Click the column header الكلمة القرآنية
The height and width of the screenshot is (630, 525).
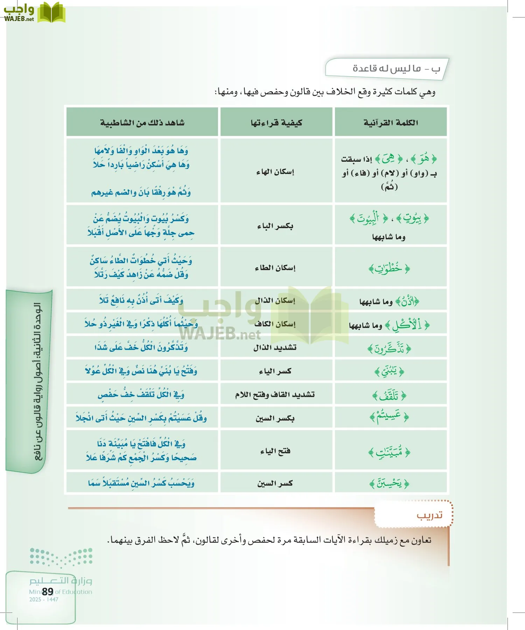tap(391, 122)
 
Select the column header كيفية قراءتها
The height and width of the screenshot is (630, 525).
tap(276, 122)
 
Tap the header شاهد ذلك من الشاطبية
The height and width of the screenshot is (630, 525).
tap(142, 122)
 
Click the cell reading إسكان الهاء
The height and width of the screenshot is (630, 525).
tap(275, 171)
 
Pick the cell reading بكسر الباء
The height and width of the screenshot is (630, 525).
tap(275, 226)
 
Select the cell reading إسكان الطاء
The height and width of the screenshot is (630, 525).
tap(275, 268)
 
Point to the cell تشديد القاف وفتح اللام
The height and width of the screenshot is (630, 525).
tap(275, 395)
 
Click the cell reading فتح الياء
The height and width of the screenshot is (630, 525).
tap(275, 451)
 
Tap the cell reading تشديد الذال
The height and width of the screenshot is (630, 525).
tap(275, 348)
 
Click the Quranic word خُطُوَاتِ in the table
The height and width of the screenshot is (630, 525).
tap(389, 269)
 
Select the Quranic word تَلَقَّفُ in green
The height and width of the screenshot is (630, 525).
tap(389, 396)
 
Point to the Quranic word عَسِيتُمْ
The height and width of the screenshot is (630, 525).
tap(389, 417)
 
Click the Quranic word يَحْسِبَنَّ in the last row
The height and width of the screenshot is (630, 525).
tap(389, 484)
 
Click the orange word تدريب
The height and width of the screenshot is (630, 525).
tap(429, 515)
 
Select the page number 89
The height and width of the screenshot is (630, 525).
tap(48, 591)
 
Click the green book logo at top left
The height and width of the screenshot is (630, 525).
tap(51, 13)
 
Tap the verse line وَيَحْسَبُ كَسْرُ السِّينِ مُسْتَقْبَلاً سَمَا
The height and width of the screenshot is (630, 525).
tap(141, 483)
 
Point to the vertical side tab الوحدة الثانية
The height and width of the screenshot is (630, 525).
tap(38, 381)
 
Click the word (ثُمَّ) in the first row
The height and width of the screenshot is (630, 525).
tap(389, 187)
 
